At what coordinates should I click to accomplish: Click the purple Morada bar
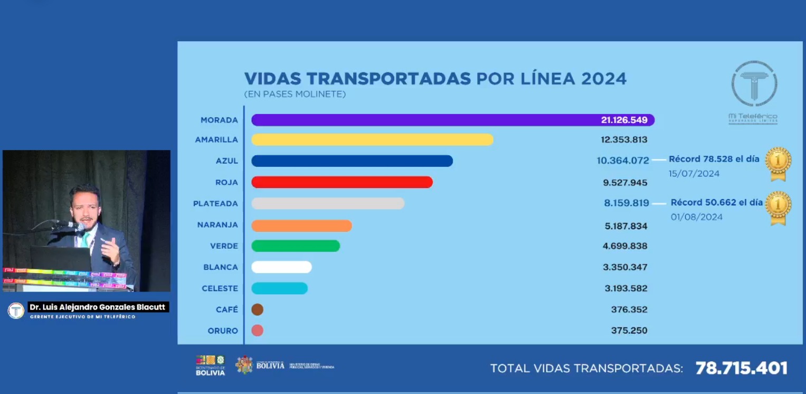[x=422, y=120]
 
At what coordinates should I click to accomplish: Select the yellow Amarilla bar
[x=372, y=139]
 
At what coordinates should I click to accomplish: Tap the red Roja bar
[x=342, y=182]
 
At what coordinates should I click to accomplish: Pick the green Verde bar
[x=296, y=246]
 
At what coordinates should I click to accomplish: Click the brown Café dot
[x=258, y=309]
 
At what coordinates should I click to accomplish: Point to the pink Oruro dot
[x=258, y=331]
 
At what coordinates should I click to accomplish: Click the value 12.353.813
[x=624, y=140]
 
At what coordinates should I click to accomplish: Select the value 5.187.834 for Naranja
[x=625, y=226]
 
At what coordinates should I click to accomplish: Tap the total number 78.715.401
[x=741, y=368]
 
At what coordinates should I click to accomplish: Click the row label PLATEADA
[x=215, y=203]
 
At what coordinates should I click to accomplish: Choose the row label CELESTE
[x=220, y=288]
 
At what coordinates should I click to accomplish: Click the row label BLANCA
[x=221, y=267]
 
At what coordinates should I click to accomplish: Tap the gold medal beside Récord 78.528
[x=779, y=163]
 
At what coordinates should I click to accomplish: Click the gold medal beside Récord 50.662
[x=779, y=207]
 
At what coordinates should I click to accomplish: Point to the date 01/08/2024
[x=697, y=217]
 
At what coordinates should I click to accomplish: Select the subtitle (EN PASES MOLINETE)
[x=295, y=94]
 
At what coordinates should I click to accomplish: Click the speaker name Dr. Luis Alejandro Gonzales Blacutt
[x=98, y=307]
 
